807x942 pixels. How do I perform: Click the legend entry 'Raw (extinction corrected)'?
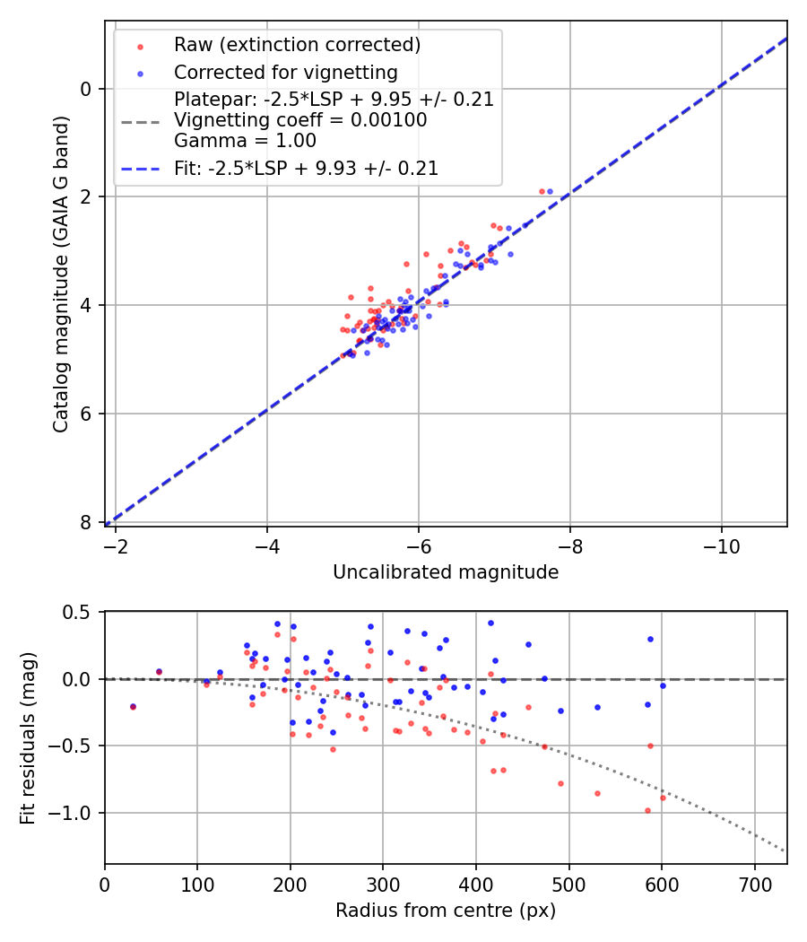[297, 45]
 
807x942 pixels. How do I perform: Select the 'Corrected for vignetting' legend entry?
[285, 72]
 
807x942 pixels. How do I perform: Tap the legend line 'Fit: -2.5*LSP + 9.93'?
[306, 168]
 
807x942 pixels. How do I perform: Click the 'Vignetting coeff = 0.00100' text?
[300, 120]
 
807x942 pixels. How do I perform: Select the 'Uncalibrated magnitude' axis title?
[446, 572]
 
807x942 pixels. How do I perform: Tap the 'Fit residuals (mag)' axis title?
[28, 737]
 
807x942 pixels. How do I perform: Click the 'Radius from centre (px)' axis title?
[446, 911]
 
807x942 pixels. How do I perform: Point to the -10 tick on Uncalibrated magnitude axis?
[721, 545]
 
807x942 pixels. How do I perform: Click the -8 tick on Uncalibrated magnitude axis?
[569, 545]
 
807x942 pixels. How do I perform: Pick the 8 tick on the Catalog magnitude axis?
[87, 522]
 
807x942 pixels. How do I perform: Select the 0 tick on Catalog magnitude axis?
[87, 89]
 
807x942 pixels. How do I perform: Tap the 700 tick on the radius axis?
[754, 884]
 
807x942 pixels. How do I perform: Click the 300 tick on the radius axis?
[383, 884]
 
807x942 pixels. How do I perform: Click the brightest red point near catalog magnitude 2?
[542, 191]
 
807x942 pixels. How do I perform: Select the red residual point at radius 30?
[133, 707]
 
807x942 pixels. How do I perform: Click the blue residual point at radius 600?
[663, 685]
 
